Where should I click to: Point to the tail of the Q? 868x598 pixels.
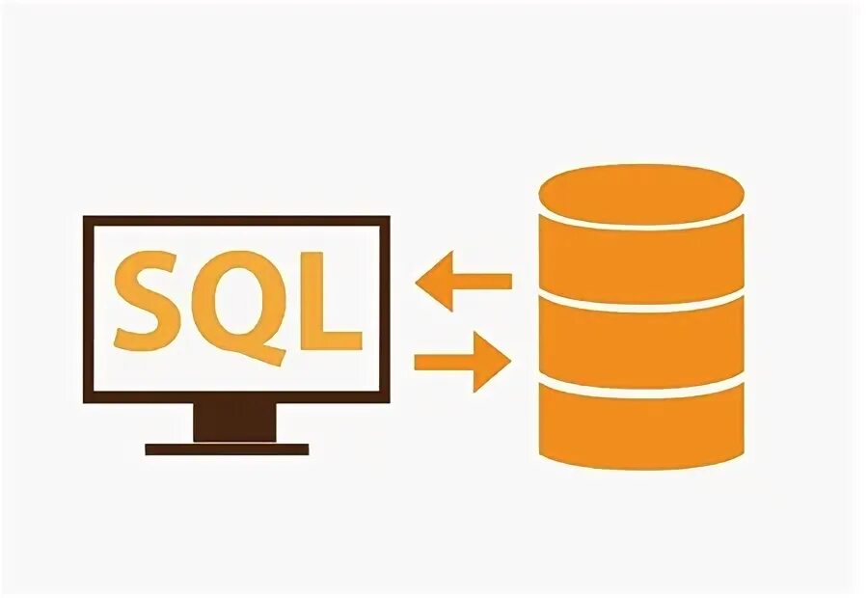275,356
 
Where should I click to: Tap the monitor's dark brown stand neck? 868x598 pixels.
234,422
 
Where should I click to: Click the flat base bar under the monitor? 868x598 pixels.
227,448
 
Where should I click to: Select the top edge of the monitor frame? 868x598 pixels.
236,221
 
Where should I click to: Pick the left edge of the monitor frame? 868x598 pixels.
87,309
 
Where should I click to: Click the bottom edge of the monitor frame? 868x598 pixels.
236,397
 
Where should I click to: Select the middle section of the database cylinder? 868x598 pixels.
641,338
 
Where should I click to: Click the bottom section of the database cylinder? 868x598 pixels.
641,424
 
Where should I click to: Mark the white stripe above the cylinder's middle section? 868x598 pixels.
641,293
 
